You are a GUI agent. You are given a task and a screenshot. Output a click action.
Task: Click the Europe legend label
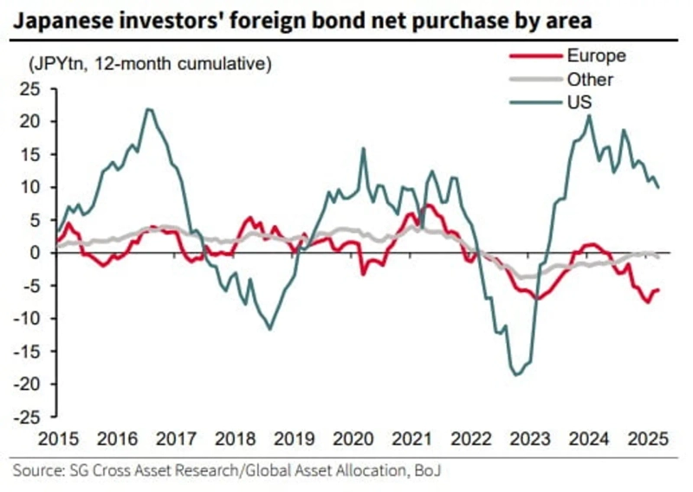[x=597, y=57]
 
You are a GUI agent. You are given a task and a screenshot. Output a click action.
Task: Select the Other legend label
[x=590, y=80]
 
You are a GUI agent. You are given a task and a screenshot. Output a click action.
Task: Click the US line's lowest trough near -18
[x=517, y=374]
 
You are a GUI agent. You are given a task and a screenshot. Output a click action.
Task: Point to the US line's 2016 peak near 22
[x=149, y=109]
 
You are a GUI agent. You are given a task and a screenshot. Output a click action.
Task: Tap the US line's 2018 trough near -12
[x=270, y=329]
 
